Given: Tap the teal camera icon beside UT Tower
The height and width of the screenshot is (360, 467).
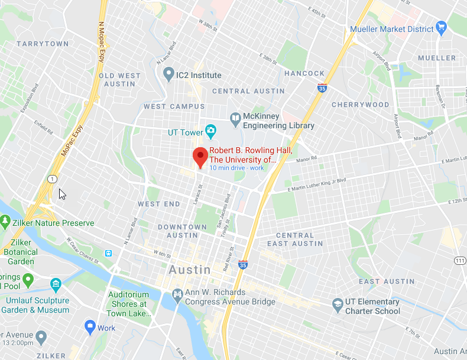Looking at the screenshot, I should [210, 129].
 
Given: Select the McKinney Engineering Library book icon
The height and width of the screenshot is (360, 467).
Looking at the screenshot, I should [236, 118].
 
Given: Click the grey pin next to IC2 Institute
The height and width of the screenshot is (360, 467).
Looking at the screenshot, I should [168, 74].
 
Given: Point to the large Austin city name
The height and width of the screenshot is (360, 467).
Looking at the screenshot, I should [189, 270].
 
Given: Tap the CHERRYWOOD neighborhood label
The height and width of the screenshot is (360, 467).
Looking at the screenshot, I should [360, 105].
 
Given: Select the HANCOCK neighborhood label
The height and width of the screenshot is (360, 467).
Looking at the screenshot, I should [304, 73].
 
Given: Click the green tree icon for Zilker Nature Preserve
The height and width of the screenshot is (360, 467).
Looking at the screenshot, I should [5, 222].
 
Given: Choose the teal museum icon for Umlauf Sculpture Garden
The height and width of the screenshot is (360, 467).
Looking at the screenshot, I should [56, 285].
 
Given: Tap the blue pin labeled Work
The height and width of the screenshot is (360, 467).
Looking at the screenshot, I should [90, 326].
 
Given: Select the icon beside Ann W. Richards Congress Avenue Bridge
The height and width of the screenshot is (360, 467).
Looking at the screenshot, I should [177, 294].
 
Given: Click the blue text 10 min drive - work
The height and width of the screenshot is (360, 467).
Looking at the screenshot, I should [236, 168].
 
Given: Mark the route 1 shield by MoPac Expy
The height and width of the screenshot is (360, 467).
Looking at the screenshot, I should [53, 179].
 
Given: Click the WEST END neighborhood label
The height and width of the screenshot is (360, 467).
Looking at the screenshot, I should [159, 204].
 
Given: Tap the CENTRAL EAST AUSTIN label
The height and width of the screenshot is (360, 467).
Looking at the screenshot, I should [295, 239].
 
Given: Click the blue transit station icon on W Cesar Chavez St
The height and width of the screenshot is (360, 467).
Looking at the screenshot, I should [108, 253].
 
